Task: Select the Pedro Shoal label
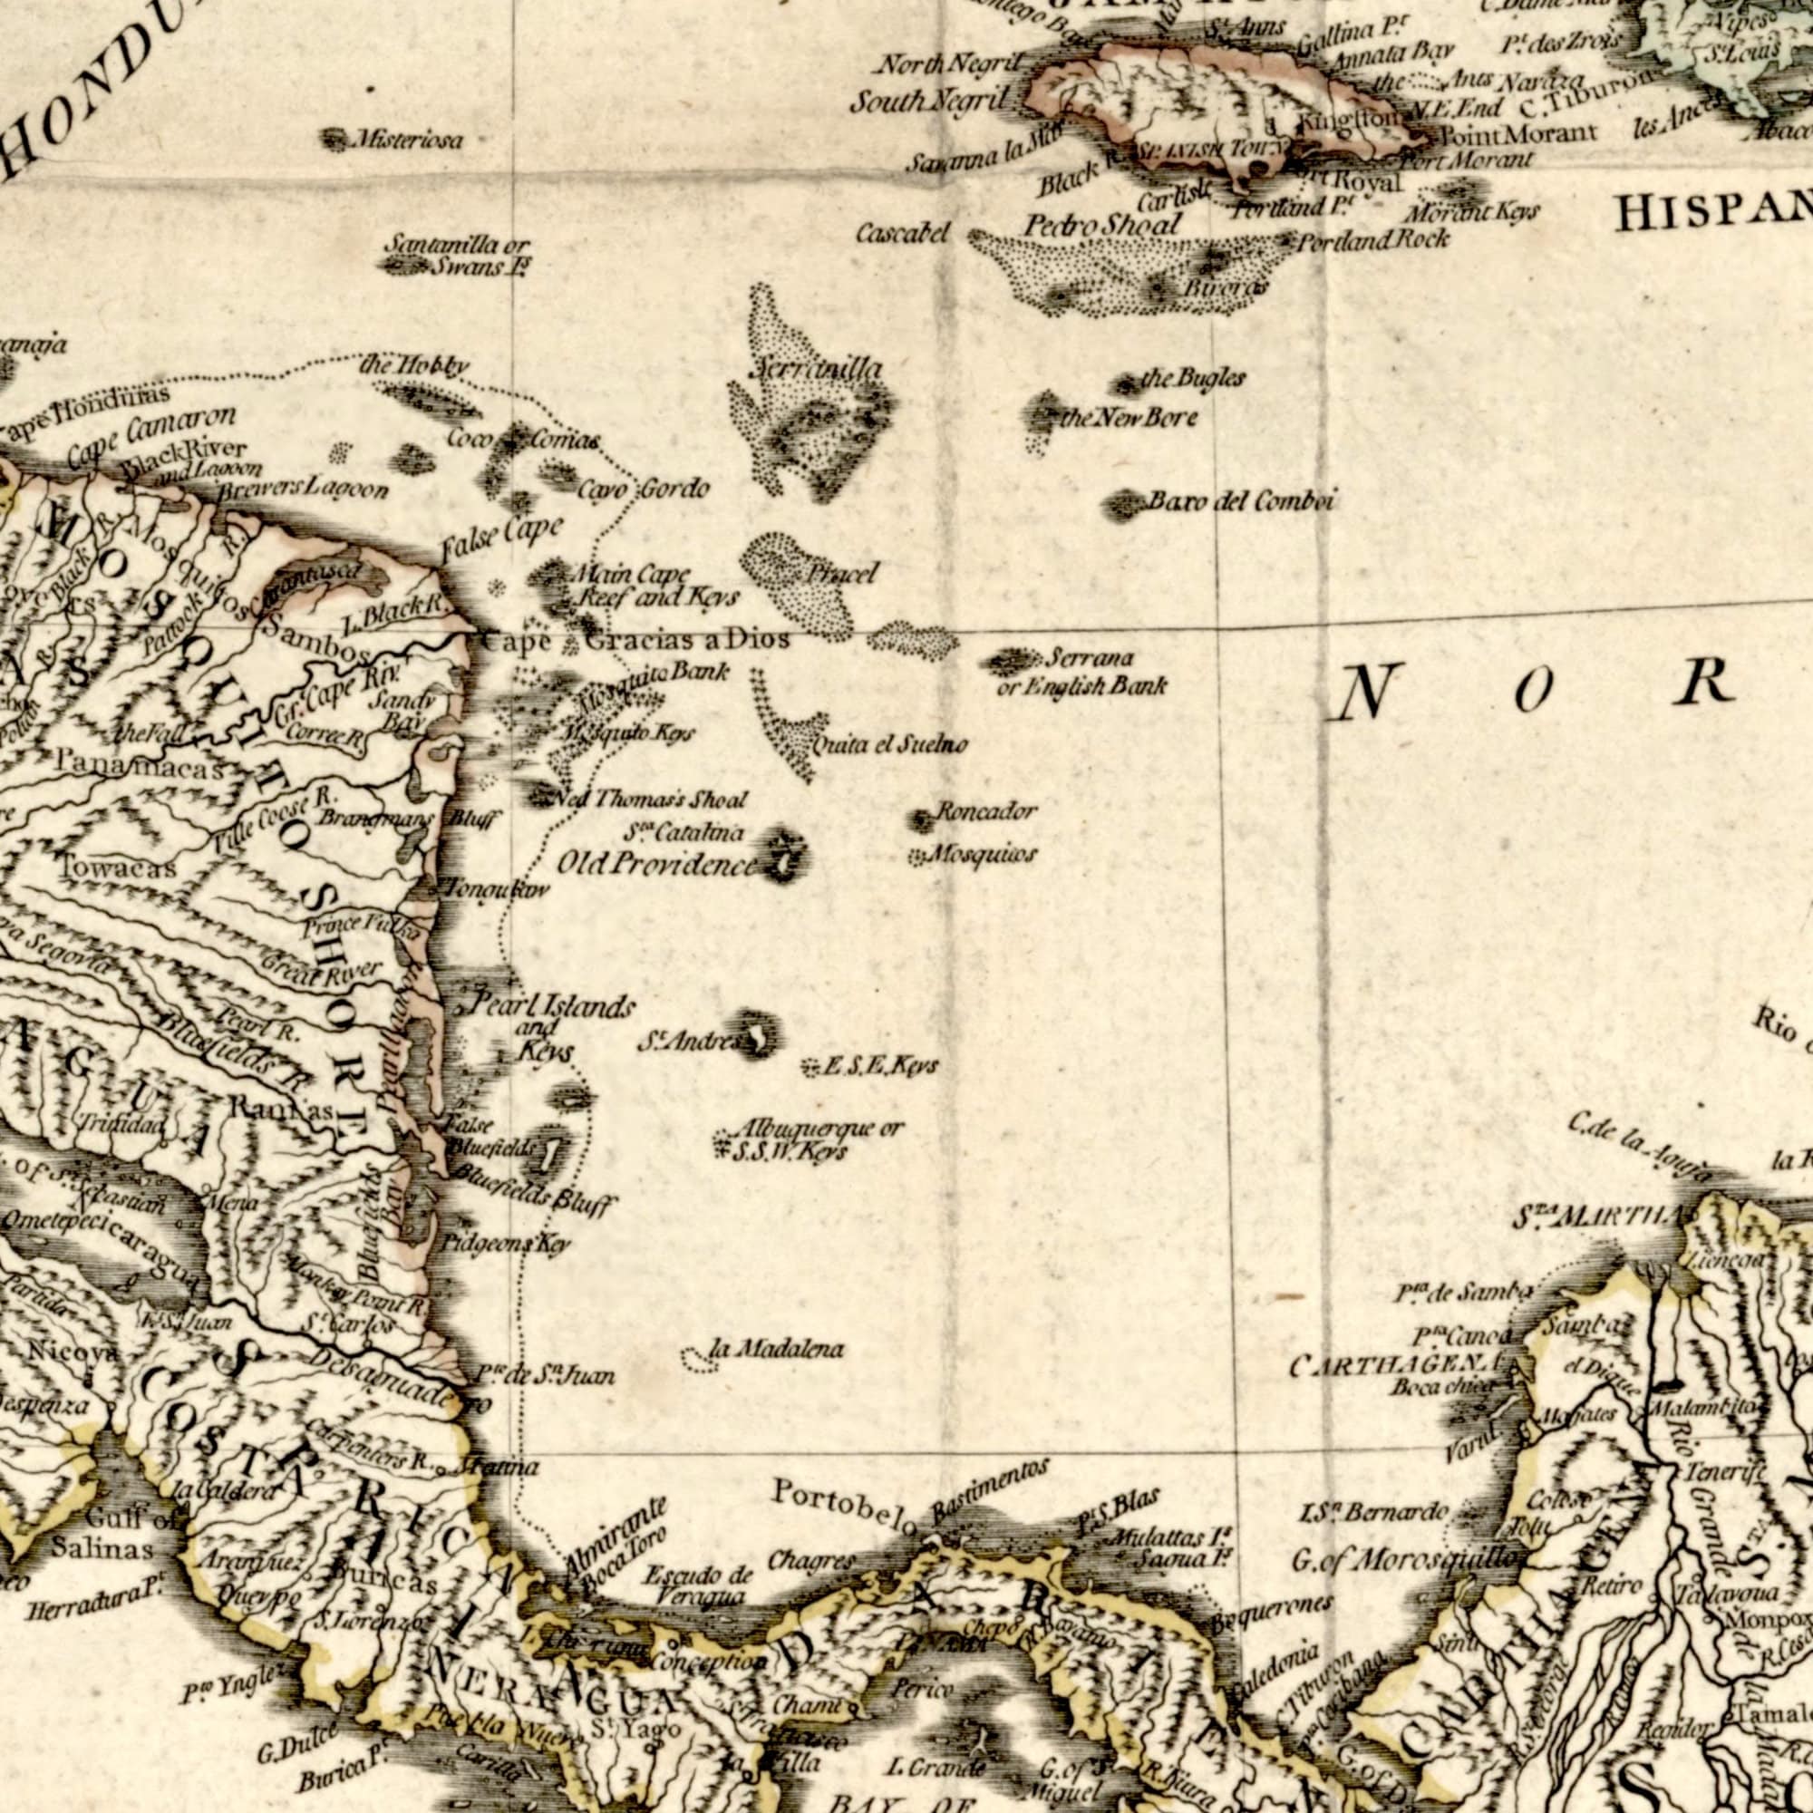[x=1101, y=225]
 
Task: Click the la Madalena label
[x=777, y=1350]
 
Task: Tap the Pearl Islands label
[x=553, y=1007]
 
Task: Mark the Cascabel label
[x=903, y=233]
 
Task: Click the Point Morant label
[x=1517, y=133]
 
